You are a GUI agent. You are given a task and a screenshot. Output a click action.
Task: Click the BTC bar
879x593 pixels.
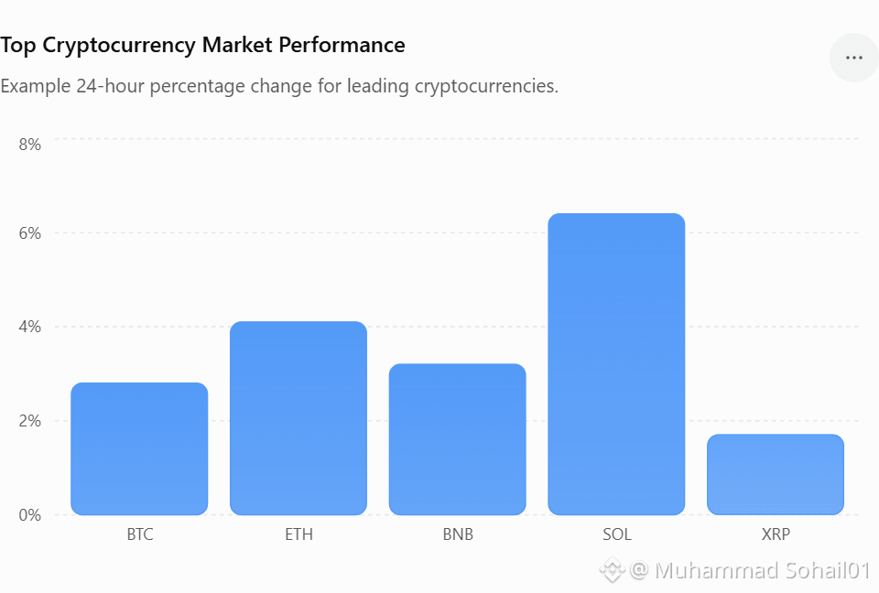pyautogui.click(x=139, y=448)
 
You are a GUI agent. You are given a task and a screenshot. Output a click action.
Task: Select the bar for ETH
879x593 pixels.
pyautogui.click(x=298, y=418)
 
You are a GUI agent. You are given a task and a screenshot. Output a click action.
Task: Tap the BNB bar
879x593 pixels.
pyautogui.click(x=458, y=439)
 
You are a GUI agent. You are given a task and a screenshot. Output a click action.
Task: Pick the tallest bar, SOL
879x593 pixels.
pyautogui.click(x=616, y=363)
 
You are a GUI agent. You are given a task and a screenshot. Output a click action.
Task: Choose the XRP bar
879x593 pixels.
pyautogui.click(x=776, y=474)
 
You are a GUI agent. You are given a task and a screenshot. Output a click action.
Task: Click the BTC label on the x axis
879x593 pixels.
pyautogui.click(x=139, y=534)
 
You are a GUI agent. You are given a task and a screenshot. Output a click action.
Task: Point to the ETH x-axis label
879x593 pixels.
pyautogui.click(x=298, y=534)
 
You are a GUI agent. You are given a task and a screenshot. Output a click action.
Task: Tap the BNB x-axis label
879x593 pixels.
pyautogui.click(x=458, y=534)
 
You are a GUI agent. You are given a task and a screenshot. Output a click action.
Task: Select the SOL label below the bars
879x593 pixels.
pyautogui.click(x=617, y=534)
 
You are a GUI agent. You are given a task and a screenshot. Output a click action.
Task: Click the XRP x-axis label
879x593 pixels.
pyautogui.click(x=776, y=534)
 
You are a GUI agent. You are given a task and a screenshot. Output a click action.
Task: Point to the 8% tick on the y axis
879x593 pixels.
pyautogui.click(x=29, y=145)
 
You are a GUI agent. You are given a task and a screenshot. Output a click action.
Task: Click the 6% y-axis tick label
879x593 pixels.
pyautogui.click(x=29, y=233)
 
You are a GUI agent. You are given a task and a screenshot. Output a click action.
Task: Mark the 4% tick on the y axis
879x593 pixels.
pyautogui.click(x=29, y=327)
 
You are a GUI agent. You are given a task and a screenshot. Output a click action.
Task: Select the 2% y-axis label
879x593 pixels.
pyautogui.click(x=29, y=421)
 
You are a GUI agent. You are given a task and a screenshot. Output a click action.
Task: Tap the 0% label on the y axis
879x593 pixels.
pyautogui.click(x=29, y=515)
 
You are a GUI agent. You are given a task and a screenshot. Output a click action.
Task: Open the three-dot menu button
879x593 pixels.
pyautogui.click(x=853, y=58)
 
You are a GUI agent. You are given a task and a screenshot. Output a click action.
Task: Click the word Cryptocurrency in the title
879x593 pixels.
pyautogui.click(x=119, y=46)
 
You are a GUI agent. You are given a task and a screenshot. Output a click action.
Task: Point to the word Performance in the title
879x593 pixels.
pyautogui.click(x=342, y=45)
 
